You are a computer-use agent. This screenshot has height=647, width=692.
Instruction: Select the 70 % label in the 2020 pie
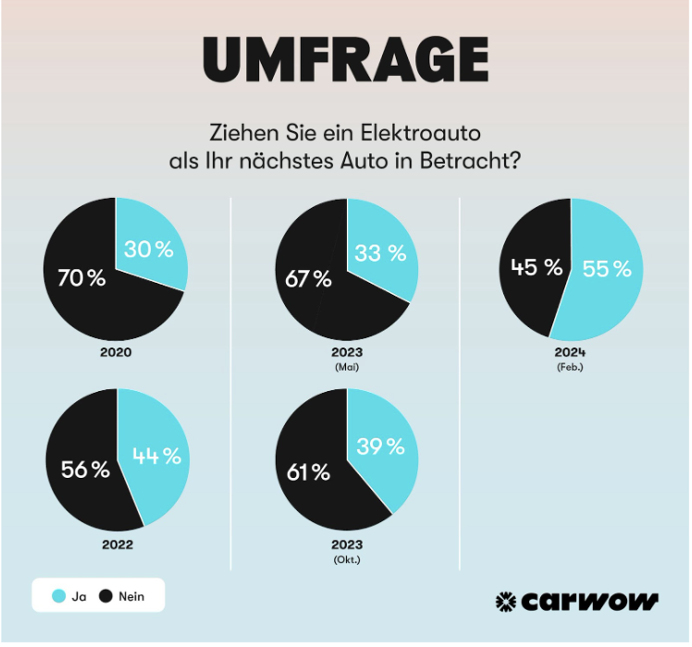click(x=81, y=277)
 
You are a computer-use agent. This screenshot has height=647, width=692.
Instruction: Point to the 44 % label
click(x=158, y=456)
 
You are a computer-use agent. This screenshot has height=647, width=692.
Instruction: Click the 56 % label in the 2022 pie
click(x=85, y=470)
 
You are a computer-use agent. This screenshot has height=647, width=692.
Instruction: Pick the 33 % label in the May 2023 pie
click(x=379, y=252)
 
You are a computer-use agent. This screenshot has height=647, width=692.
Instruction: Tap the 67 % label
click(x=309, y=279)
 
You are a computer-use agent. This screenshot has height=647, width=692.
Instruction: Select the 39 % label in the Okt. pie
click(x=380, y=446)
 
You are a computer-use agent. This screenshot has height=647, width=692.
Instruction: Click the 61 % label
click(x=308, y=472)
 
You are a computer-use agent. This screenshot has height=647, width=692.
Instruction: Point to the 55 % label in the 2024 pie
click(x=607, y=269)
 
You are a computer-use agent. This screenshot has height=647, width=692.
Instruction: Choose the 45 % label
click(x=537, y=268)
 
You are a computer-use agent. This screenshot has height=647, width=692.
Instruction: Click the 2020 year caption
click(x=117, y=352)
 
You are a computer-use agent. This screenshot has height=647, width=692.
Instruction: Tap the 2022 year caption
click(x=117, y=544)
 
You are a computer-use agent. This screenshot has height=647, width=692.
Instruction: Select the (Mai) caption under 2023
click(x=347, y=367)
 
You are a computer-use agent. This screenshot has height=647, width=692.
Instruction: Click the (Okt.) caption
click(x=347, y=559)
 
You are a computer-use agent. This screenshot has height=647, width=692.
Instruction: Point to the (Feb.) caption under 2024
click(x=571, y=367)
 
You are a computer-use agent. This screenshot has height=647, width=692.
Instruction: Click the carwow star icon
click(x=506, y=602)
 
